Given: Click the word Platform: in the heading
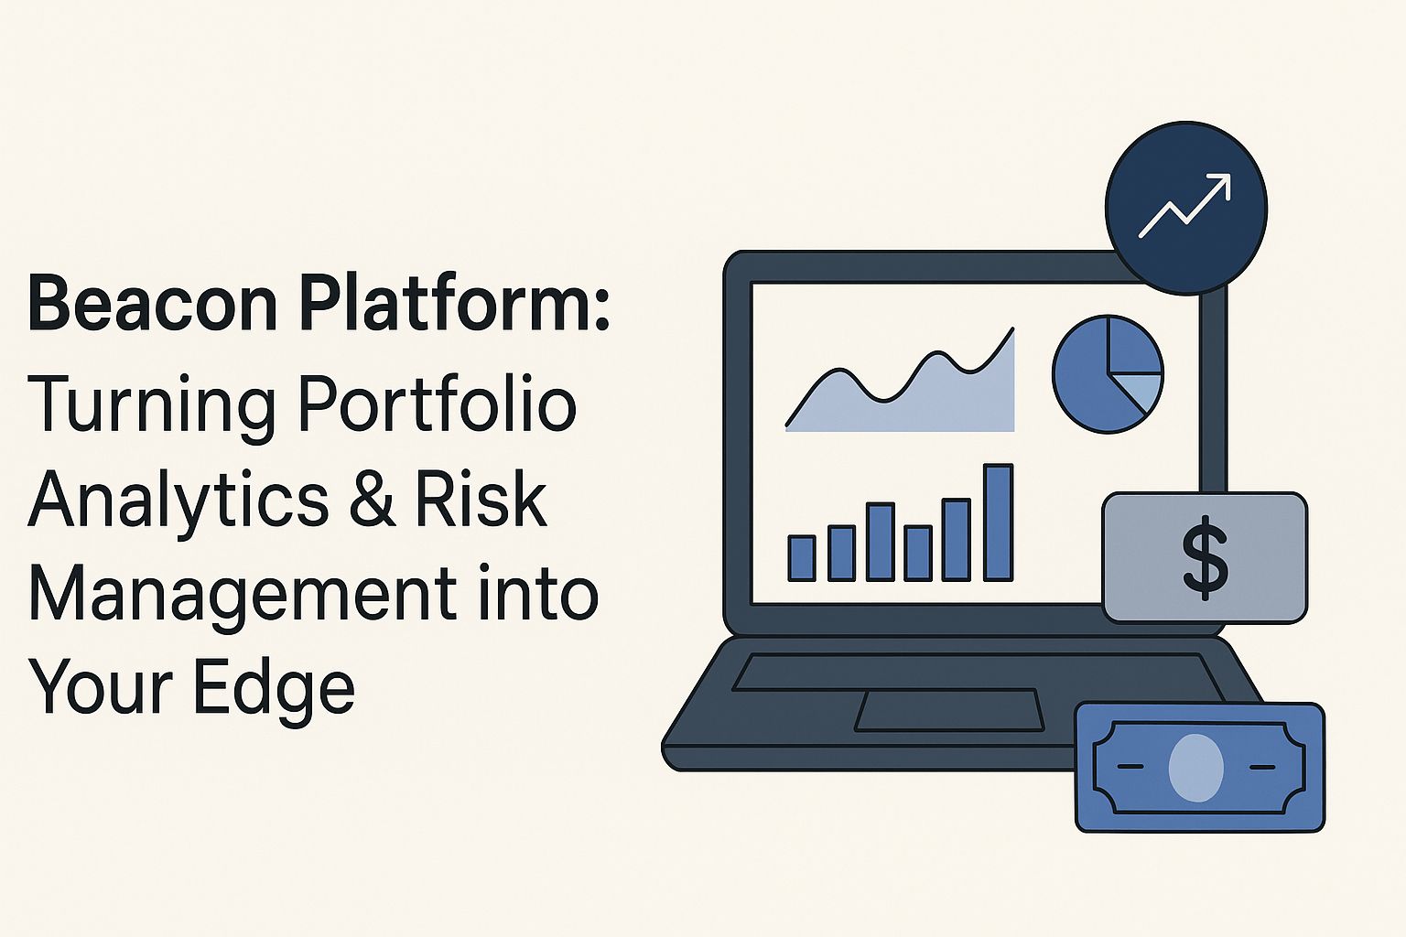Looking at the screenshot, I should (454, 304).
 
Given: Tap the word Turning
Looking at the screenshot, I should (152, 404).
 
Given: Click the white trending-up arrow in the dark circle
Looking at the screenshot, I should (1185, 207).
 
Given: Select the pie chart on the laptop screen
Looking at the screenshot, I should (1108, 373).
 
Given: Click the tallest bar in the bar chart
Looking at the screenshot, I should (998, 522).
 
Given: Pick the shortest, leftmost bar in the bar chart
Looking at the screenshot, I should (802, 558).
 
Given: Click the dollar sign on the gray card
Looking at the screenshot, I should (1205, 557).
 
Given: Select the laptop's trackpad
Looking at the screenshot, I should (949, 710).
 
